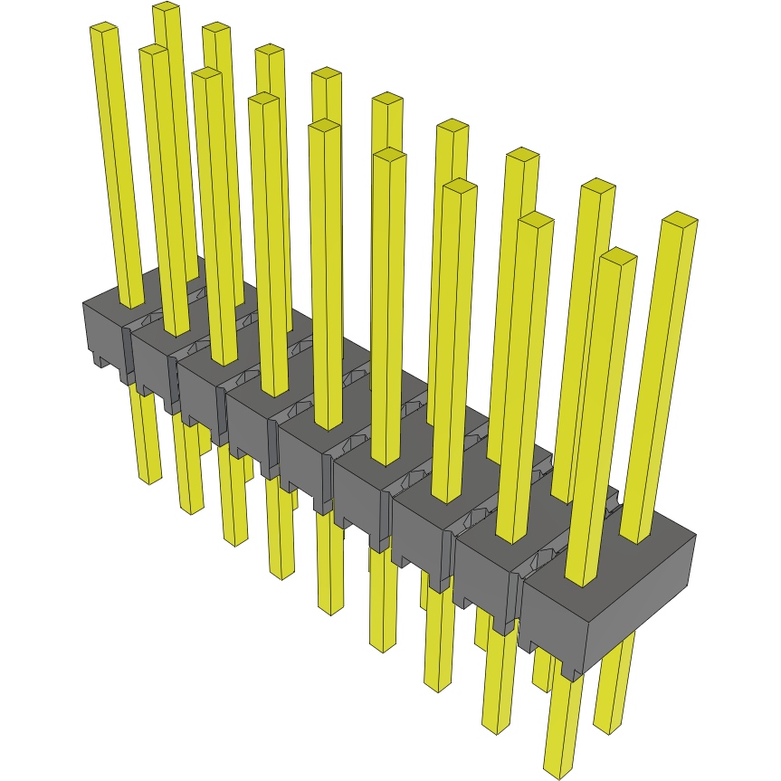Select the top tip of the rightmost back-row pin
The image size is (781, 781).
pos(680,218)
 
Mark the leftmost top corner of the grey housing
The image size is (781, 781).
pos(83,303)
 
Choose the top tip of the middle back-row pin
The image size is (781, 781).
pos(387,99)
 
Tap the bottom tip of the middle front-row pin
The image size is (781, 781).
pos(330,611)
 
